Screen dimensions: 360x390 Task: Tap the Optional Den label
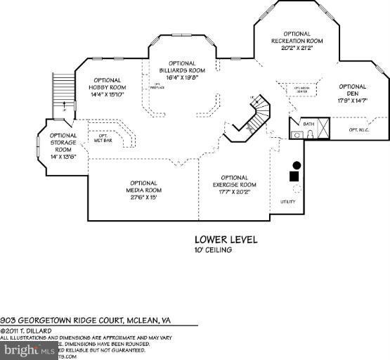click(x=352, y=93)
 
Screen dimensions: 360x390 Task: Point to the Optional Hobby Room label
click(x=106, y=87)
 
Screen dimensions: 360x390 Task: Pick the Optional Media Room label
click(x=143, y=190)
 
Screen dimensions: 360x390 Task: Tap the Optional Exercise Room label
click(x=234, y=184)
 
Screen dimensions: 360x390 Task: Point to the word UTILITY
click(x=288, y=202)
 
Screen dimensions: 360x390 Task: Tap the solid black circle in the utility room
click(x=297, y=165)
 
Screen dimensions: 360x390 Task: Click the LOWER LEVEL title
click(x=226, y=240)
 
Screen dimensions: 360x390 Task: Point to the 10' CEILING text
click(x=214, y=250)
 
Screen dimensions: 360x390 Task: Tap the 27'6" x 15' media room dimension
click(x=143, y=198)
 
